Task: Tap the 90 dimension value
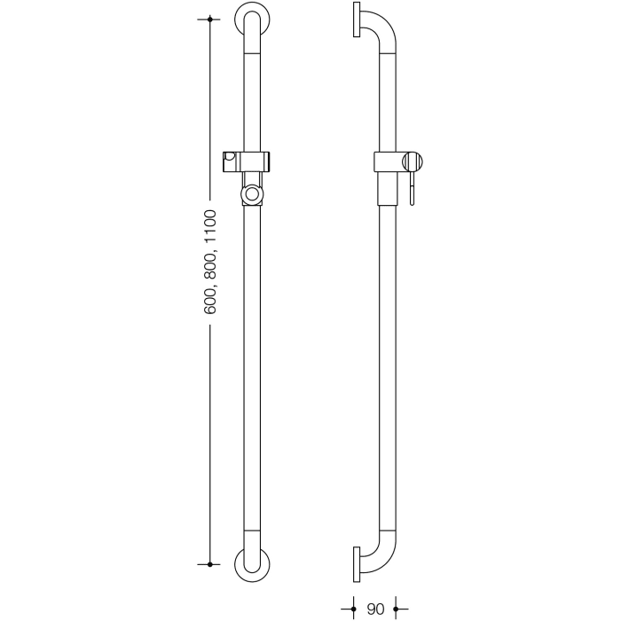point(375,609)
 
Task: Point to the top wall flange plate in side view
point(355,20)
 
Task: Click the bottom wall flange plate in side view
point(355,562)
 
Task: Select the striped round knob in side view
point(413,162)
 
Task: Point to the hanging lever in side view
point(412,189)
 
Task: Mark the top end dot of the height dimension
point(210,19)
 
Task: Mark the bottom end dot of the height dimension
point(210,563)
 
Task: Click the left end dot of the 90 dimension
point(354,609)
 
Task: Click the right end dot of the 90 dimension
point(396,609)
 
